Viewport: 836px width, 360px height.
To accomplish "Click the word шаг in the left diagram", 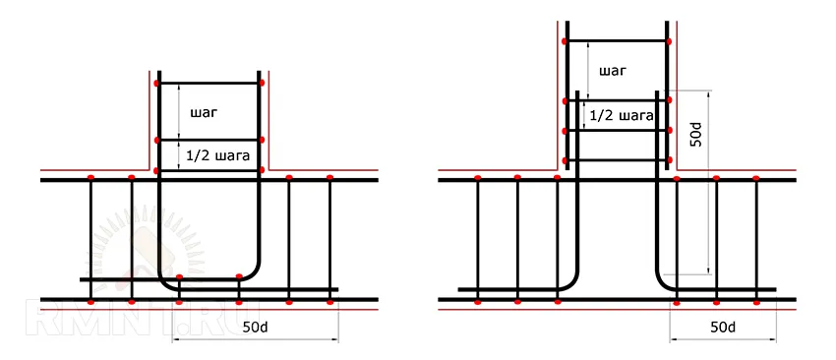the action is [x=204, y=113].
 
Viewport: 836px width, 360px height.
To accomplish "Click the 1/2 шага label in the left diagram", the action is [x=217, y=156].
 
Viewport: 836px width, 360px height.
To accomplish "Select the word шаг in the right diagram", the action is [x=612, y=71].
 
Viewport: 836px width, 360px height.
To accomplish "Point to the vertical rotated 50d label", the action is [x=698, y=135].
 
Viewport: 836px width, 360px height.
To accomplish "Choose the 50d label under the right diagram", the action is [x=723, y=328].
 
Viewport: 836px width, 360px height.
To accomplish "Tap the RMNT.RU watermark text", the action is [x=143, y=320].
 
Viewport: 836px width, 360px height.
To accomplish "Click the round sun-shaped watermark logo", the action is [x=144, y=251].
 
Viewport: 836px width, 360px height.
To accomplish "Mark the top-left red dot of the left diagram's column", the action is [x=156, y=84].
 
